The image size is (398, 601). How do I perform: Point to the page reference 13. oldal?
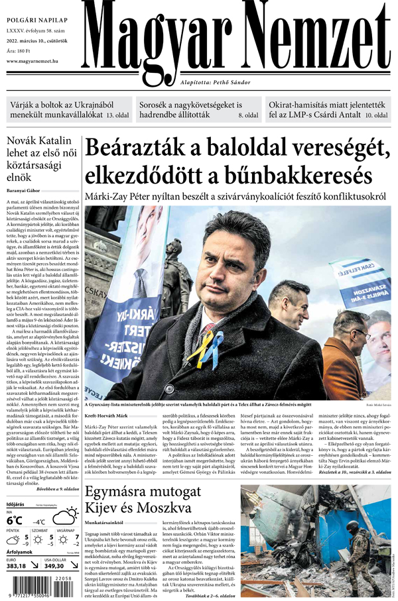click(x=117, y=115)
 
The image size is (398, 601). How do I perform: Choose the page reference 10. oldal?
click(x=377, y=115)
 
